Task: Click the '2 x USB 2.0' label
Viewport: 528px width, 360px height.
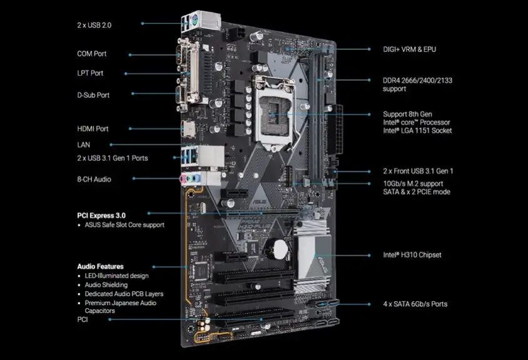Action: click(94, 25)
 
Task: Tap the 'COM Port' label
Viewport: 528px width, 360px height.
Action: click(91, 54)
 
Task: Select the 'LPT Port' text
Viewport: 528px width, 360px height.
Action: click(90, 73)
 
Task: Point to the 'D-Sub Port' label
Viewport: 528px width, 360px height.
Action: click(93, 95)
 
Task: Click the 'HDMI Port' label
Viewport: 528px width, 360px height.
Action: click(93, 129)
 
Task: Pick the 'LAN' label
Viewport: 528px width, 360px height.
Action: click(83, 145)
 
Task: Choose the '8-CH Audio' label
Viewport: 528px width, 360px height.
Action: click(94, 179)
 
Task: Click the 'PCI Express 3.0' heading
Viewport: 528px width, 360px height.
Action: click(101, 216)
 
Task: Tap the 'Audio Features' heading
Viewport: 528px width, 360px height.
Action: click(100, 267)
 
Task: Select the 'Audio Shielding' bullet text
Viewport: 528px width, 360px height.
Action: click(106, 285)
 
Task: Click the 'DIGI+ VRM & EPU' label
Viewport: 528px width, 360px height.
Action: click(410, 49)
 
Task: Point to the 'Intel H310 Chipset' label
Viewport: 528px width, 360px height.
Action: click(412, 255)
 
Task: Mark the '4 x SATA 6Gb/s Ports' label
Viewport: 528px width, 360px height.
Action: click(415, 304)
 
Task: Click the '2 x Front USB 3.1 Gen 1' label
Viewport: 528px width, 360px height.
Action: click(418, 172)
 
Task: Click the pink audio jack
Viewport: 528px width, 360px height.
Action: click(183, 179)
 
